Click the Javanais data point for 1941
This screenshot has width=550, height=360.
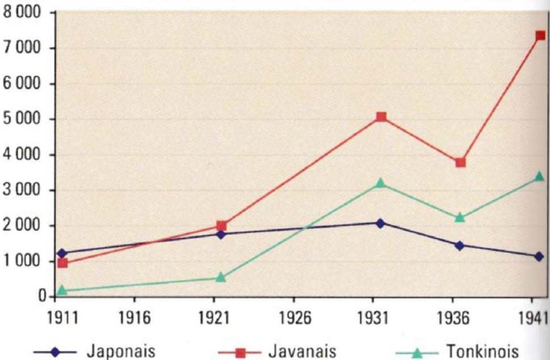(x=540, y=35)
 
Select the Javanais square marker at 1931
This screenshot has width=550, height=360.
(x=381, y=117)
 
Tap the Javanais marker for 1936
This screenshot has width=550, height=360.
(x=460, y=163)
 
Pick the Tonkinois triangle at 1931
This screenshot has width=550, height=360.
(x=380, y=183)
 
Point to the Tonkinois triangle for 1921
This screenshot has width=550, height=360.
(x=221, y=277)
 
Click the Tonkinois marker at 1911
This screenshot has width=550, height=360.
(x=62, y=290)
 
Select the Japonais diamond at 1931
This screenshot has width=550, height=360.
(x=380, y=223)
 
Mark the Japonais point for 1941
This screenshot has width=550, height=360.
(x=539, y=256)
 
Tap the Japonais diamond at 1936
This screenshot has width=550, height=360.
(x=460, y=245)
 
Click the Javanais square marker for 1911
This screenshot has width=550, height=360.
(x=62, y=263)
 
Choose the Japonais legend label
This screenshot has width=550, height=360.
(x=120, y=351)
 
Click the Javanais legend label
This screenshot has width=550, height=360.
(x=299, y=351)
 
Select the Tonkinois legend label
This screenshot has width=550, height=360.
(x=482, y=351)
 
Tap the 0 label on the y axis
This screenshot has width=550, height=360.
(x=42, y=297)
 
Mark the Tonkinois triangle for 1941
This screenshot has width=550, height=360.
(x=539, y=176)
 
